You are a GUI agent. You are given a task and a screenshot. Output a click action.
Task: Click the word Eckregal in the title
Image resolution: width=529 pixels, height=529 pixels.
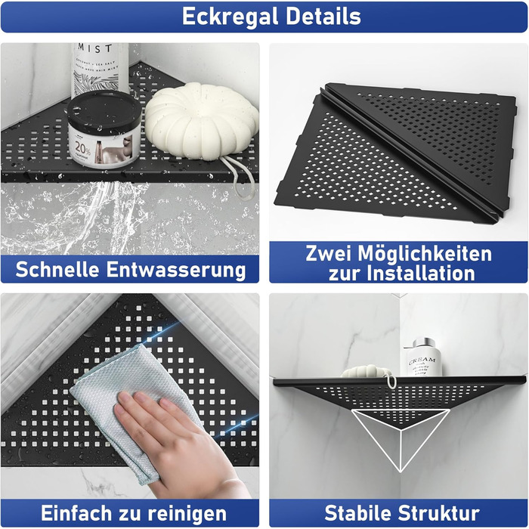230,17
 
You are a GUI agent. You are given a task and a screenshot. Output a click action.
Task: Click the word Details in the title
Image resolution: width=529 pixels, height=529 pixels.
323,16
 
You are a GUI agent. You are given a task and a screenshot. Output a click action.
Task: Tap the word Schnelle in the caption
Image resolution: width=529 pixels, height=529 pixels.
57,269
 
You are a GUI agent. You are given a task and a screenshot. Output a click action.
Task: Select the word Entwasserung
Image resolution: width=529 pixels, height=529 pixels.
176,270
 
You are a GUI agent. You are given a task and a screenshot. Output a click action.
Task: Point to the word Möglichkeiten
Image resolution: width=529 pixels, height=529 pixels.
425,254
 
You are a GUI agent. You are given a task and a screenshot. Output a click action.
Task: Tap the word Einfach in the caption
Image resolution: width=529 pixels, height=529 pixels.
76,513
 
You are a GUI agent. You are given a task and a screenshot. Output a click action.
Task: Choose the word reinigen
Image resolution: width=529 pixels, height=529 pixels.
187,514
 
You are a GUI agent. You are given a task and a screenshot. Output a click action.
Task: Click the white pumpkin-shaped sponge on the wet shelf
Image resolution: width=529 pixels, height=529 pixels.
202,120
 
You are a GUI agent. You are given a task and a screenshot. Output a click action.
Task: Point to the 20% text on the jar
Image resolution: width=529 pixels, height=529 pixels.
82,148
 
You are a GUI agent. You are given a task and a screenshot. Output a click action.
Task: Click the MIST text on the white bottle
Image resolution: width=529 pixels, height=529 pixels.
94,48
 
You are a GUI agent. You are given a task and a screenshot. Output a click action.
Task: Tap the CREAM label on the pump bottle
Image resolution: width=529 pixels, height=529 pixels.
422,361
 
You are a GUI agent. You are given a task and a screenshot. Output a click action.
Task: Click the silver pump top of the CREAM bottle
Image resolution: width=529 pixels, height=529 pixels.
422,343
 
